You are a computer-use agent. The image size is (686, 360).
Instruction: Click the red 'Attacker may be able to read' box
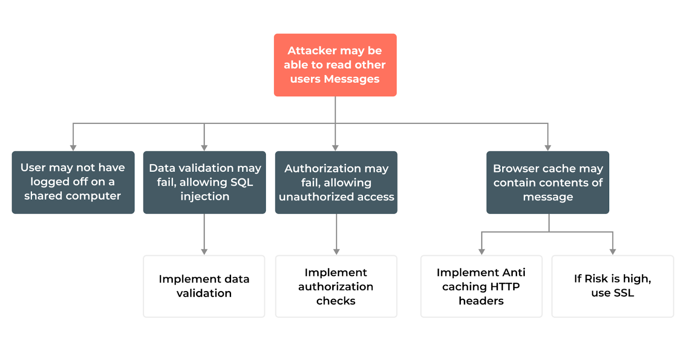[335, 65]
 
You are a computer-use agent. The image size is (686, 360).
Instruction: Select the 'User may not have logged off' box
[73, 182]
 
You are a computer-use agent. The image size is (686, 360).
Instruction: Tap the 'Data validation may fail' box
[204, 182]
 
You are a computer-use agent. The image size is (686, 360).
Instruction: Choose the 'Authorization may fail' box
[336, 182]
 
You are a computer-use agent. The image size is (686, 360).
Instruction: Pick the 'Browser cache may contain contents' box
[548, 182]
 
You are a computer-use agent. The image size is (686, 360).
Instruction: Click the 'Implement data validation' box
[204, 286]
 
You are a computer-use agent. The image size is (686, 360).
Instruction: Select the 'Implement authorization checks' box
[336, 286]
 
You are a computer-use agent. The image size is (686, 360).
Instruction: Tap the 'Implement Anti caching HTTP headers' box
[481, 286]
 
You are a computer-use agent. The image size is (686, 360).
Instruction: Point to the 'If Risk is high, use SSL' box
[612, 286]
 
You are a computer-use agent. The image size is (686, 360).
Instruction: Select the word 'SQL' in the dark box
[242, 182]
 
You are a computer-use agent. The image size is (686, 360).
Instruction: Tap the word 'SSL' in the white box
[624, 293]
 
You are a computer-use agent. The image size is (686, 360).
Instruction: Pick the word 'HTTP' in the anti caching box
[505, 287]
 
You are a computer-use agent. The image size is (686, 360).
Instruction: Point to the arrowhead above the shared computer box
[73, 147]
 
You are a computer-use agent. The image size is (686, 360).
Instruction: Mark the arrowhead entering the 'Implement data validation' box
[204, 252]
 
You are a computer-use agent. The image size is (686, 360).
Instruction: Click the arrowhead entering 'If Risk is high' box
[613, 252]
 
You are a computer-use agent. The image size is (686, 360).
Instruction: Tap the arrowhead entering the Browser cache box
[548, 147]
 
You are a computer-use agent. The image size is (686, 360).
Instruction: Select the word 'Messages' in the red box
[352, 79]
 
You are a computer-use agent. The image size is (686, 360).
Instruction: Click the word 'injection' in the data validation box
[205, 196]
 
